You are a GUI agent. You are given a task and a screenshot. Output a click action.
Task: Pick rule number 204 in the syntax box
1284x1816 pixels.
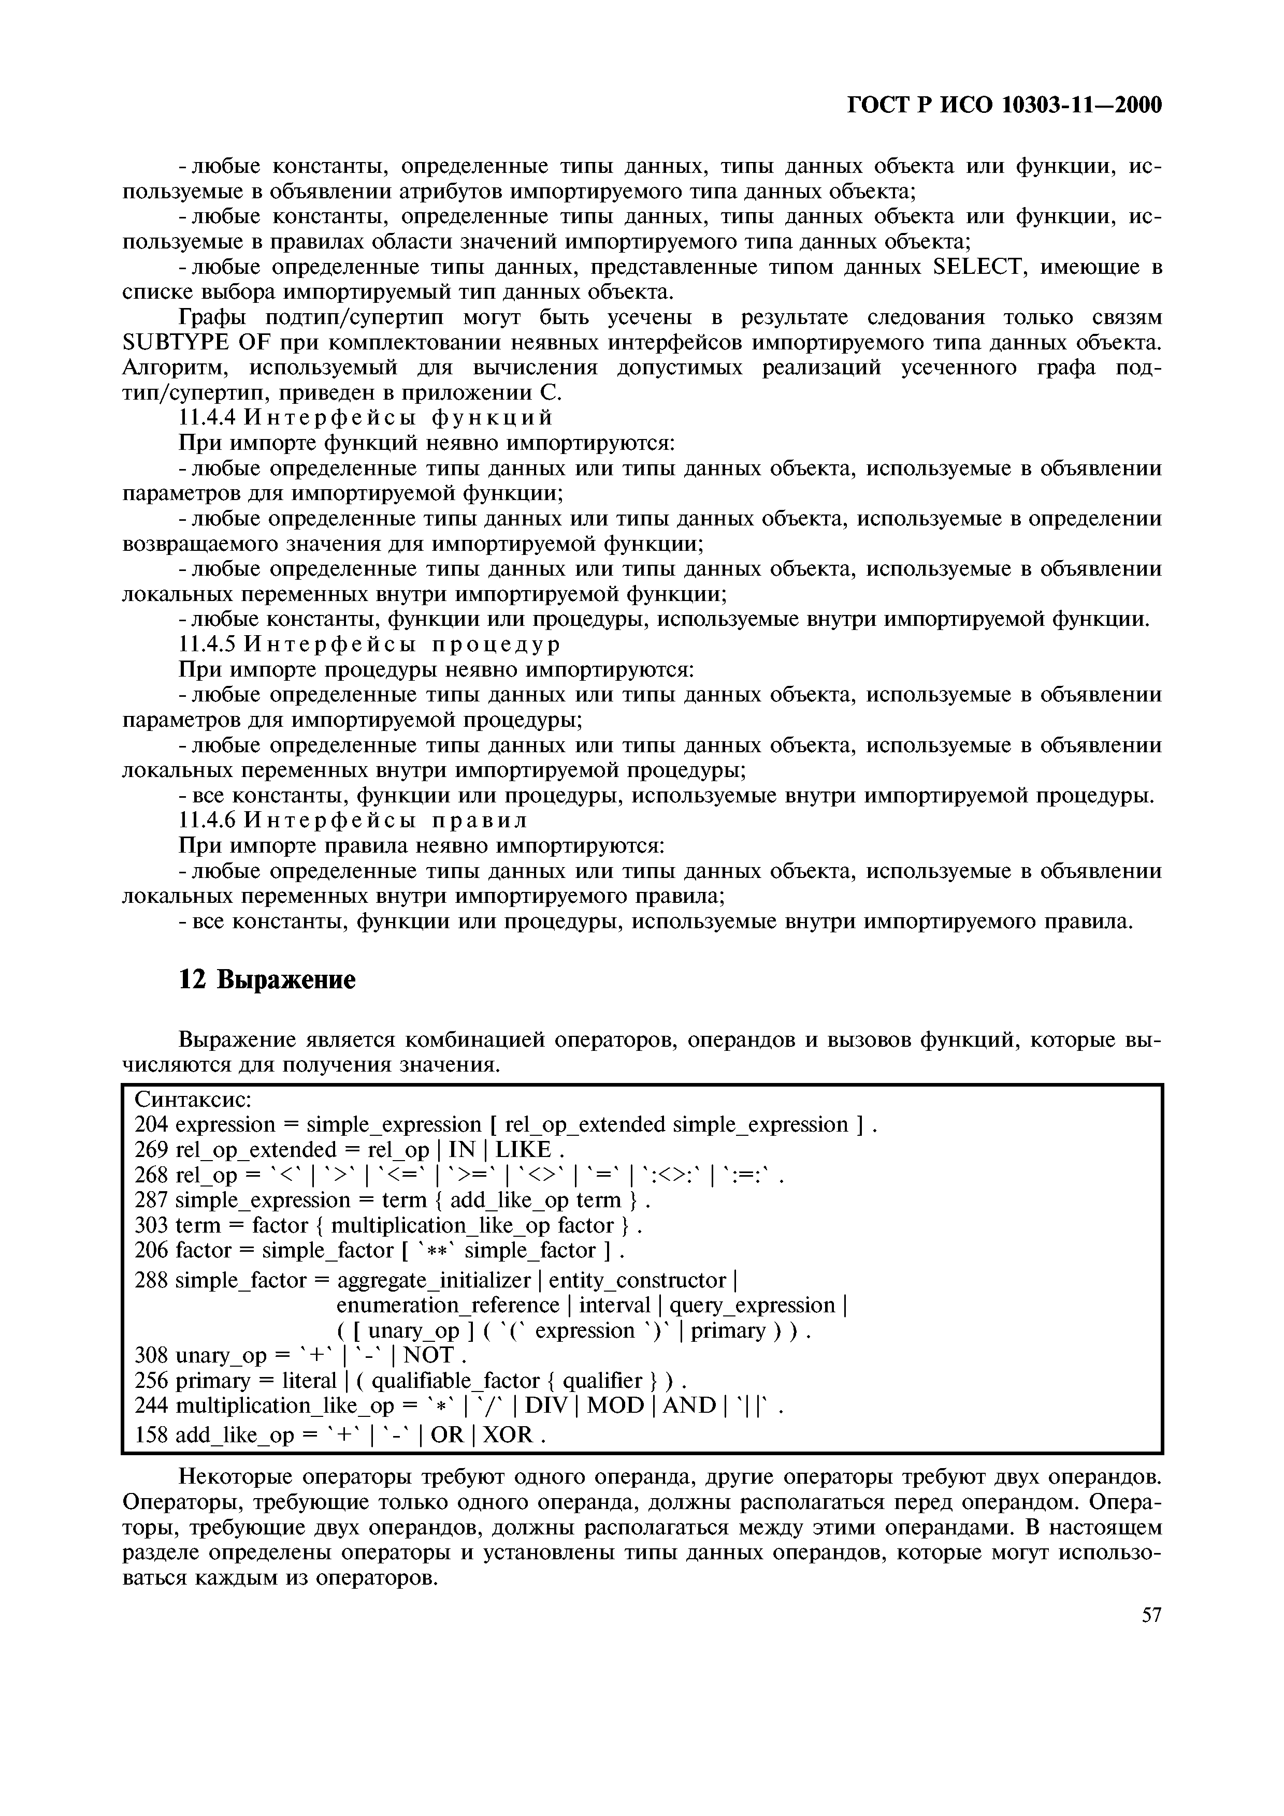pyautogui.click(x=151, y=1125)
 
